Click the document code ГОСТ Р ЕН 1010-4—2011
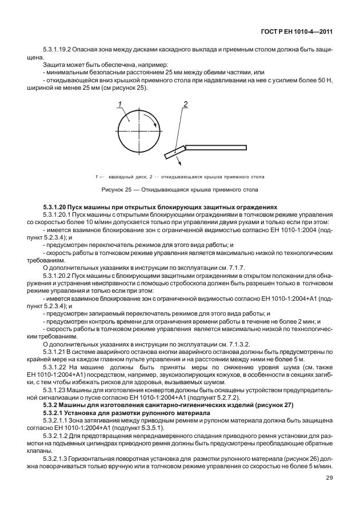[x=298, y=38]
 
